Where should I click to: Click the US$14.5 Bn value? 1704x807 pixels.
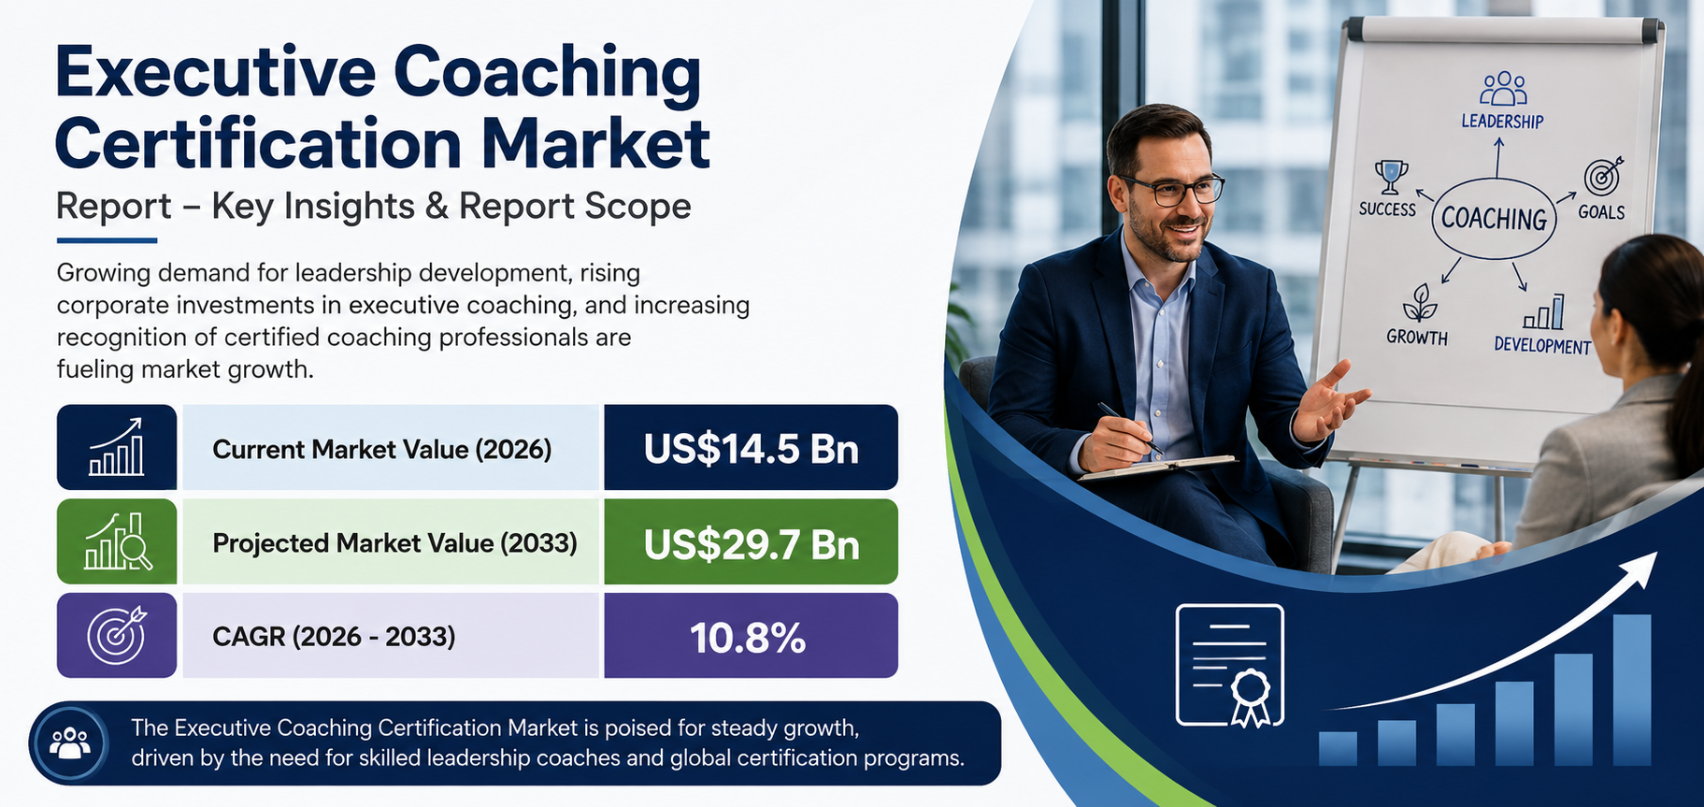[751, 449]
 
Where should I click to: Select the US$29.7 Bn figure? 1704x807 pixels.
[751, 544]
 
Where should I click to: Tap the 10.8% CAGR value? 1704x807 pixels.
[748, 638]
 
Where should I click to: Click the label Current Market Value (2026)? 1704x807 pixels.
[382, 450]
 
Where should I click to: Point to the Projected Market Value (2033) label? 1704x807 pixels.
[394, 543]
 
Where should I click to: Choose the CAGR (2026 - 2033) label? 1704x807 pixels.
[334, 637]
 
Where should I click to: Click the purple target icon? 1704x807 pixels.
[117, 635]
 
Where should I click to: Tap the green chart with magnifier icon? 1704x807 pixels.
[118, 541]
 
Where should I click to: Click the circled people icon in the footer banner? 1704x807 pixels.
[70, 744]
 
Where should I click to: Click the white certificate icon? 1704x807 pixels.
[1230, 666]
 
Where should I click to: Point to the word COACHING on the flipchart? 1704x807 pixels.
[1494, 219]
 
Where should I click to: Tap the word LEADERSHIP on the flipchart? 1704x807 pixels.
[1502, 122]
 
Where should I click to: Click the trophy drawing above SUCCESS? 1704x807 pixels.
[1391, 177]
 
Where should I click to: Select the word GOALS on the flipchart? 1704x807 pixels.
[1601, 212]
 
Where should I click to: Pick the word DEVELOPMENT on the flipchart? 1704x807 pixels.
[1542, 345]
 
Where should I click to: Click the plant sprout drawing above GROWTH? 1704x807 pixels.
[1419, 304]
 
